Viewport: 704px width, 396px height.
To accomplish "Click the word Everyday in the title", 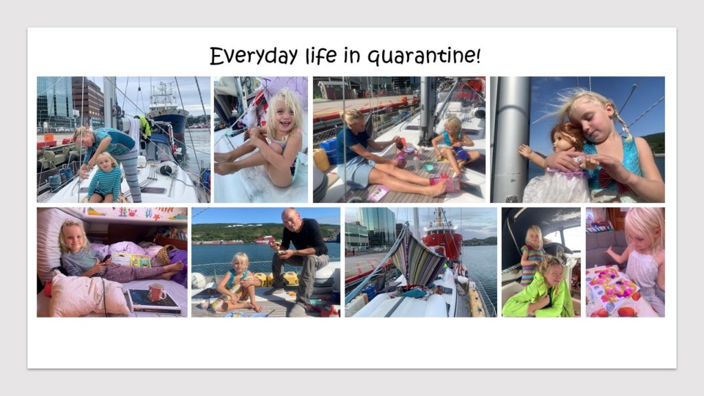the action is tap(254, 56).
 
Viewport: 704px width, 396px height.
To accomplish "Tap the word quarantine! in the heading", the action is tap(424, 56).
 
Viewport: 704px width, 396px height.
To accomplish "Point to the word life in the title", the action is tap(320, 55).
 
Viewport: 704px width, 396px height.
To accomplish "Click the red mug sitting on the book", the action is tap(157, 292).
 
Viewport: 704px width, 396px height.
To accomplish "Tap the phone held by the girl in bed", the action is tap(106, 258).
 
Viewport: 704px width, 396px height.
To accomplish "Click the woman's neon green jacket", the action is tap(537, 296).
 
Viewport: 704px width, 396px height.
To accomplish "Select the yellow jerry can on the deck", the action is tap(321, 160).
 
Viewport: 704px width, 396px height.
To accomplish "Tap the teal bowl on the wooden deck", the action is tap(428, 167).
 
